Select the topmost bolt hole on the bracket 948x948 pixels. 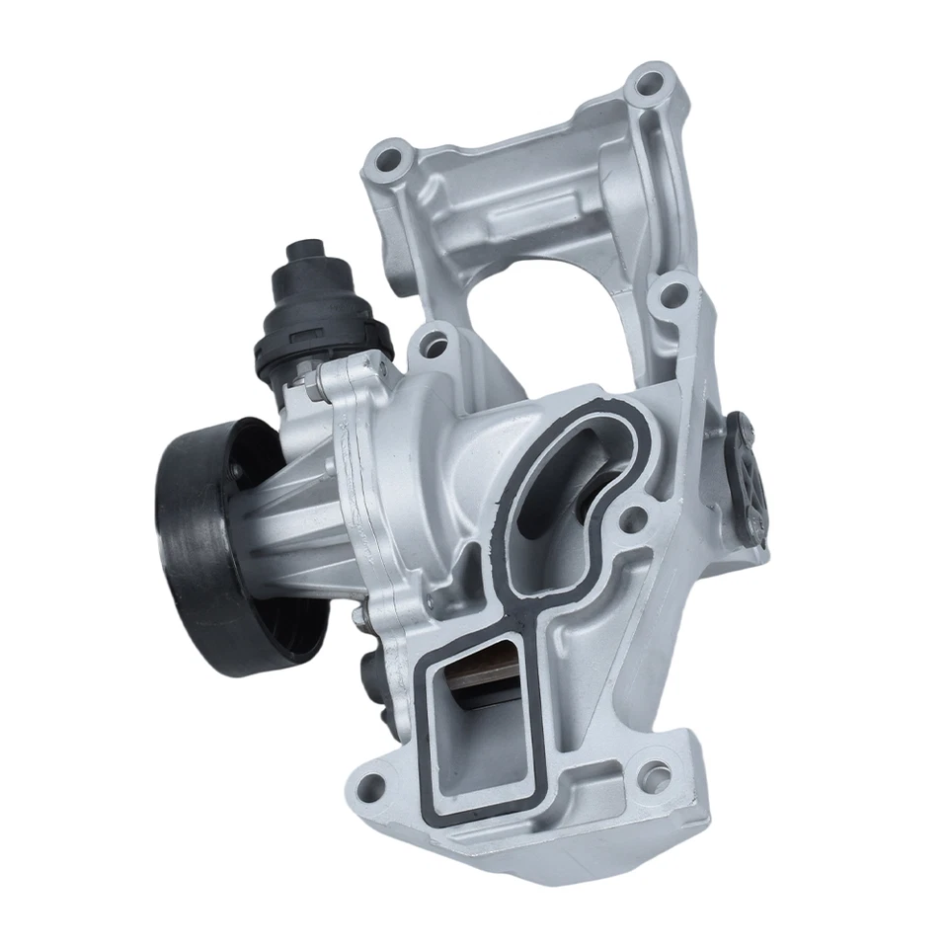click(x=648, y=83)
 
